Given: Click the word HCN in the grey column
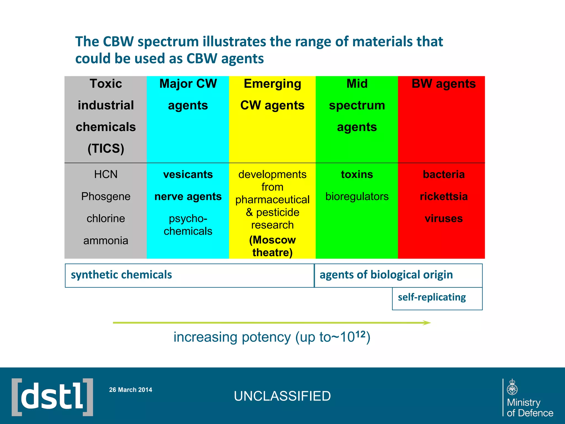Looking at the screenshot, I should (x=106, y=174).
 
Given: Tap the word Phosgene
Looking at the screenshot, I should (x=106, y=197).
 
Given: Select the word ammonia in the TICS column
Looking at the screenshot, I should (x=106, y=241).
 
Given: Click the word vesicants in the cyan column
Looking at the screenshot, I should (x=188, y=174).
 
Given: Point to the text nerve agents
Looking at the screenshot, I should (x=188, y=197).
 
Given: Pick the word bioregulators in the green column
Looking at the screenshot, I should (x=357, y=197).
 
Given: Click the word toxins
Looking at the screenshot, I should (x=357, y=174).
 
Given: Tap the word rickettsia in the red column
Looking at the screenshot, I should (x=444, y=197).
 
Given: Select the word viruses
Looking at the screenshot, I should (x=444, y=219).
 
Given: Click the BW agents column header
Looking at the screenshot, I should (x=443, y=84).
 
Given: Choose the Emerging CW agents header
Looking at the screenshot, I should (x=272, y=94).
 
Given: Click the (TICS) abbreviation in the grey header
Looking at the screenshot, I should (x=106, y=149).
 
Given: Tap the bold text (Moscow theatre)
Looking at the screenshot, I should (x=272, y=246).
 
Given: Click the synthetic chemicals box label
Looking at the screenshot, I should (x=121, y=275).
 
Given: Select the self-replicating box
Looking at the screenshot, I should (x=432, y=297).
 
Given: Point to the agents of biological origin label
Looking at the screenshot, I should (x=386, y=275).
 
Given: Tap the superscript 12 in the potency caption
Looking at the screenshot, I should (x=360, y=334).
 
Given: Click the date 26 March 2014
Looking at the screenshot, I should (x=130, y=390).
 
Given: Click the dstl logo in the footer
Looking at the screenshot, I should (x=52, y=397).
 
